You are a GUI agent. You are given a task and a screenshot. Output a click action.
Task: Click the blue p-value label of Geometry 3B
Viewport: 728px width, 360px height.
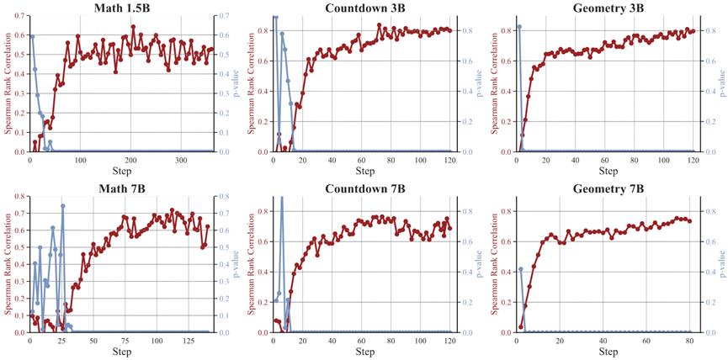pos(723,84)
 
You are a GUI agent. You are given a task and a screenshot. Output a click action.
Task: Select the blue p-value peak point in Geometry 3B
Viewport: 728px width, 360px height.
pos(519,27)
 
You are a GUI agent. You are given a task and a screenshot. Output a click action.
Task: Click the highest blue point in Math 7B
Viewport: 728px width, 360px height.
pos(62,206)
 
